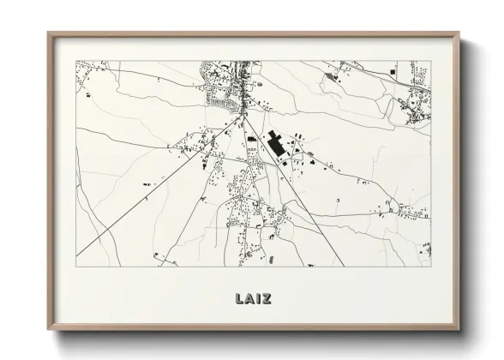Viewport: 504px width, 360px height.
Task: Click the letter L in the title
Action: (x=237, y=299)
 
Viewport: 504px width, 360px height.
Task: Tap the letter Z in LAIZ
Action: (x=267, y=299)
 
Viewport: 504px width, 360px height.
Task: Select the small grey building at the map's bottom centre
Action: (x=272, y=258)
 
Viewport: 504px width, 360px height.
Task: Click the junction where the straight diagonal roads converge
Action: (x=243, y=111)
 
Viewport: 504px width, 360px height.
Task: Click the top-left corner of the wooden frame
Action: (x=48, y=33)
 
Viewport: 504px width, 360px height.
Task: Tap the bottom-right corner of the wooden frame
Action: (x=459, y=331)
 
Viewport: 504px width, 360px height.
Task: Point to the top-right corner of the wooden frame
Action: (x=459, y=33)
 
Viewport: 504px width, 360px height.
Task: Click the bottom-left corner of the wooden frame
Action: (x=48, y=331)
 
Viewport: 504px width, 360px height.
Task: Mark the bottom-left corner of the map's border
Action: (x=76, y=266)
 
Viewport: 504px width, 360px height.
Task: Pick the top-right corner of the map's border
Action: (x=431, y=61)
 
